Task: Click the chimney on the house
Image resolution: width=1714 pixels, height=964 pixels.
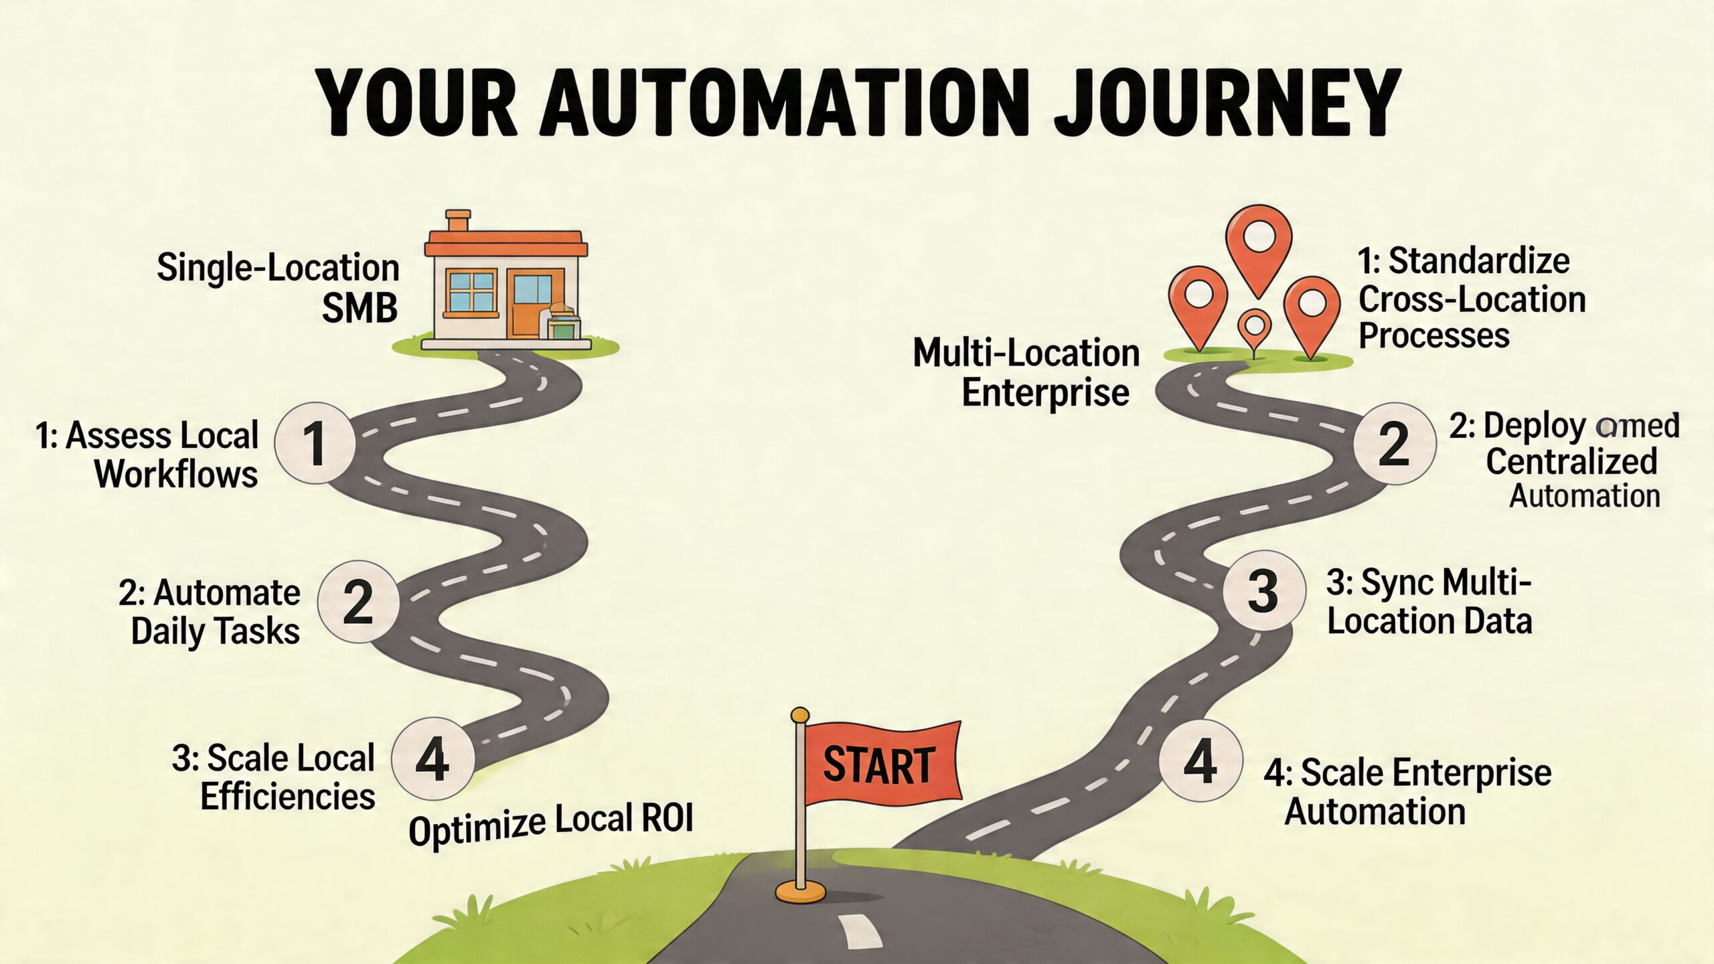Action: pos(458,222)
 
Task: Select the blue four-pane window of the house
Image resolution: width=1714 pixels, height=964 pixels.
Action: pos(472,291)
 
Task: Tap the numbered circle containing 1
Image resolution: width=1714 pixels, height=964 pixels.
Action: pos(315,443)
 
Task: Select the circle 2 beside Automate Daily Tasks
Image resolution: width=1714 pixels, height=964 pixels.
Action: pos(358,602)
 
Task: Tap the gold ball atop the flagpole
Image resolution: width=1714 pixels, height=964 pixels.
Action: pos(799,716)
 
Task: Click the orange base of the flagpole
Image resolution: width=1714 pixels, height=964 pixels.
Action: pos(800,891)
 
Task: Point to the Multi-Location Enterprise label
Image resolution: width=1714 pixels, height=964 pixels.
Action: pos(1026,372)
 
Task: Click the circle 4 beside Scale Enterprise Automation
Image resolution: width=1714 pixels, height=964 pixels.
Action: pos(1200,761)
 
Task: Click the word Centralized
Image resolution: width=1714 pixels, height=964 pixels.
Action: pos(1571,461)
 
